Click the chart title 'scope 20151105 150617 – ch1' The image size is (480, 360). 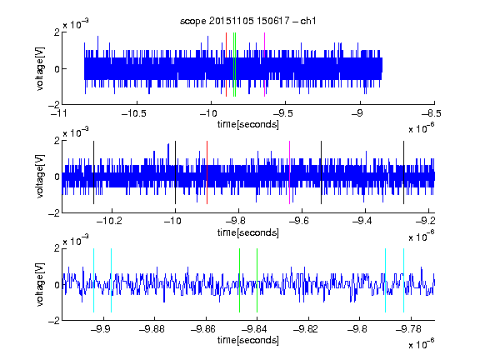[247, 21]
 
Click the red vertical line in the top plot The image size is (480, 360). [226, 64]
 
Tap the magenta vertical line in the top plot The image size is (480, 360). [264, 64]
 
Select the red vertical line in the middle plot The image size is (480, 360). [207, 172]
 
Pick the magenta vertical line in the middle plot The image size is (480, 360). [290, 172]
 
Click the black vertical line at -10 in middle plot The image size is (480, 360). [175, 172]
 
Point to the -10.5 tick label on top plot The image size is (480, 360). [134, 113]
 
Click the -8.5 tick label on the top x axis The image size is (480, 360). [432, 113]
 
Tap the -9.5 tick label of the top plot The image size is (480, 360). [282, 113]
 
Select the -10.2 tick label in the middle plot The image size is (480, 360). [109, 221]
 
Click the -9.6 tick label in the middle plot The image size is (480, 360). [298, 221]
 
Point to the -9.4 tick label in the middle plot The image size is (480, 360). [362, 221]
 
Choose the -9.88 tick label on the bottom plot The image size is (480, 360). [152, 329]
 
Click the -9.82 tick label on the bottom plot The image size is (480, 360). [306, 329]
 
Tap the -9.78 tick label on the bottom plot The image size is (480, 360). [408, 329]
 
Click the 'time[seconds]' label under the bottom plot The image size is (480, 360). [248, 340]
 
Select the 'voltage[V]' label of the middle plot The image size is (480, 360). [40, 177]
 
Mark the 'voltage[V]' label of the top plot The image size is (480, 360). [40, 68]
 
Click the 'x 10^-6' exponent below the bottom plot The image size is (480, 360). [422, 344]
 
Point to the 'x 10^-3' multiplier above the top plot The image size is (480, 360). [76, 24]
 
